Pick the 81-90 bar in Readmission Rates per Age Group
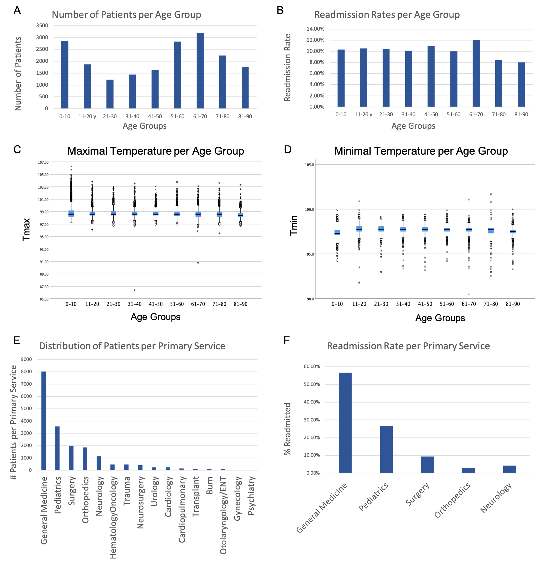tap(521, 84)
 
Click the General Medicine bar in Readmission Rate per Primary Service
tap(345, 423)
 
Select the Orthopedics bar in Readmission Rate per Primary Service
tap(468, 470)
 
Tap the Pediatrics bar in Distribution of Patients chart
tap(57, 448)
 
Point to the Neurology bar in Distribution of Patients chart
tap(99, 463)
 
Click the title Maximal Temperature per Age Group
tap(155, 151)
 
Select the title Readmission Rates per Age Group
tap(387, 14)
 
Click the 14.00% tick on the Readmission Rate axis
tap(315, 29)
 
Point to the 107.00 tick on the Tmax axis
tap(43, 162)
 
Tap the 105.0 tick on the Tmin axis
tap(310, 165)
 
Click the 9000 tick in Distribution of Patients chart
tap(26, 359)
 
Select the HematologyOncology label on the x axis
tap(113, 517)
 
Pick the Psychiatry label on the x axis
tap(251, 496)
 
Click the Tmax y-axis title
tap(26, 230)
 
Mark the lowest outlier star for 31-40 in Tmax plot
tap(135, 290)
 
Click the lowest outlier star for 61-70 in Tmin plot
tap(469, 294)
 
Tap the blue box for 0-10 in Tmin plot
tap(337, 232)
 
